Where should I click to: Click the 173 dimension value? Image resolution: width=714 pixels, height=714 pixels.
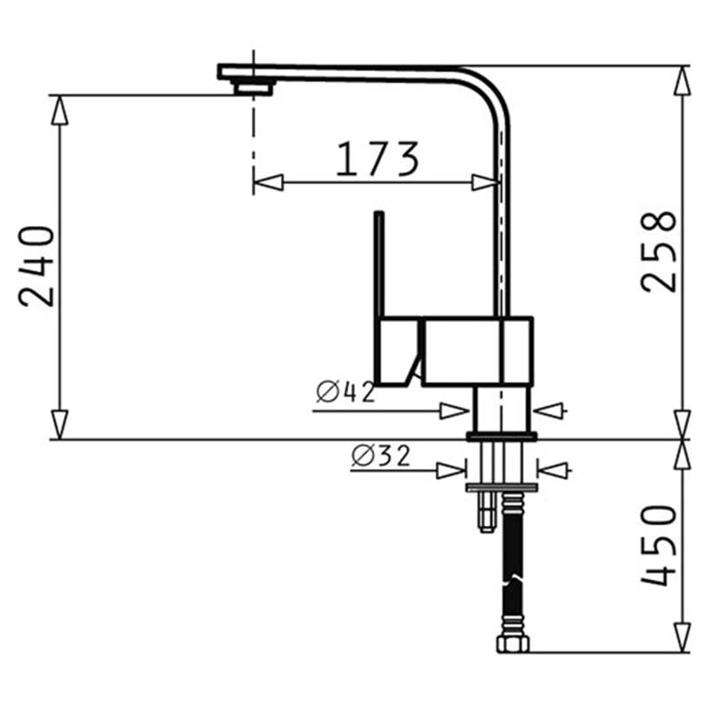click(377, 159)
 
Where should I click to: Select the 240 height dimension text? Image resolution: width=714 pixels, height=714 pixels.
click(37, 266)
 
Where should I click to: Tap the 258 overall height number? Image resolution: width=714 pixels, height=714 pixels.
click(659, 252)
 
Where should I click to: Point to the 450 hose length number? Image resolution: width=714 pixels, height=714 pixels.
click(659, 545)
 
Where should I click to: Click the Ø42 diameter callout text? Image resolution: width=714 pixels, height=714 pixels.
click(346, 392)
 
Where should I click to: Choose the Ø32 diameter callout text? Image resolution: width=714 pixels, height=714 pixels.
click(381, 456)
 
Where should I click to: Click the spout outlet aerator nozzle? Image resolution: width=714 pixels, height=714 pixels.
click(254, 87)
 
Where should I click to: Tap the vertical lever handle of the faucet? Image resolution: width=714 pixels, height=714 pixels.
click(378, 263)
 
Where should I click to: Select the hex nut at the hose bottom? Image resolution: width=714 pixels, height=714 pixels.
click(512, 643)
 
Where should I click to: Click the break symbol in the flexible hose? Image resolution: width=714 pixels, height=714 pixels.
click(512, 579)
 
